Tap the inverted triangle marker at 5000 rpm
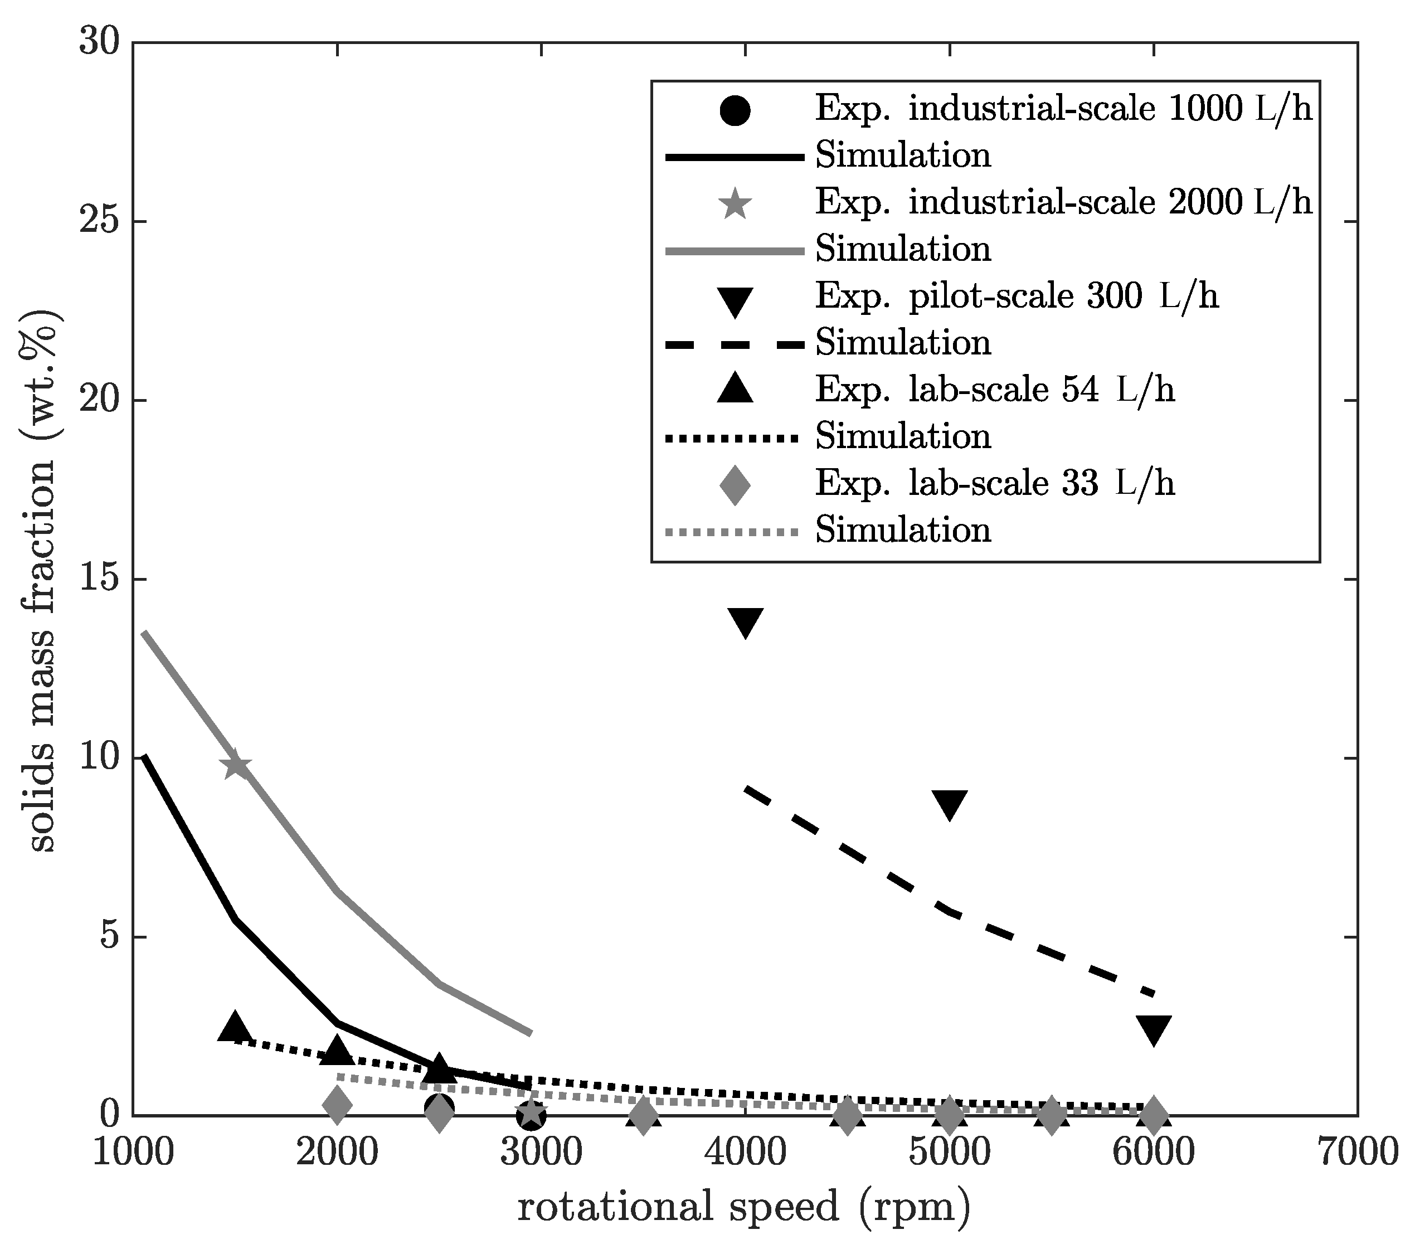949,804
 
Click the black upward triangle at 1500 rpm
235,1026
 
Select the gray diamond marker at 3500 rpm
643,1116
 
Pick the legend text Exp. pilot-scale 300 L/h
1017,297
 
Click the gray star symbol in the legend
735,203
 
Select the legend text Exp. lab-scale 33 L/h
995,483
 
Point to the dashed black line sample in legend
735,344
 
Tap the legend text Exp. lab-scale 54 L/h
995,390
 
